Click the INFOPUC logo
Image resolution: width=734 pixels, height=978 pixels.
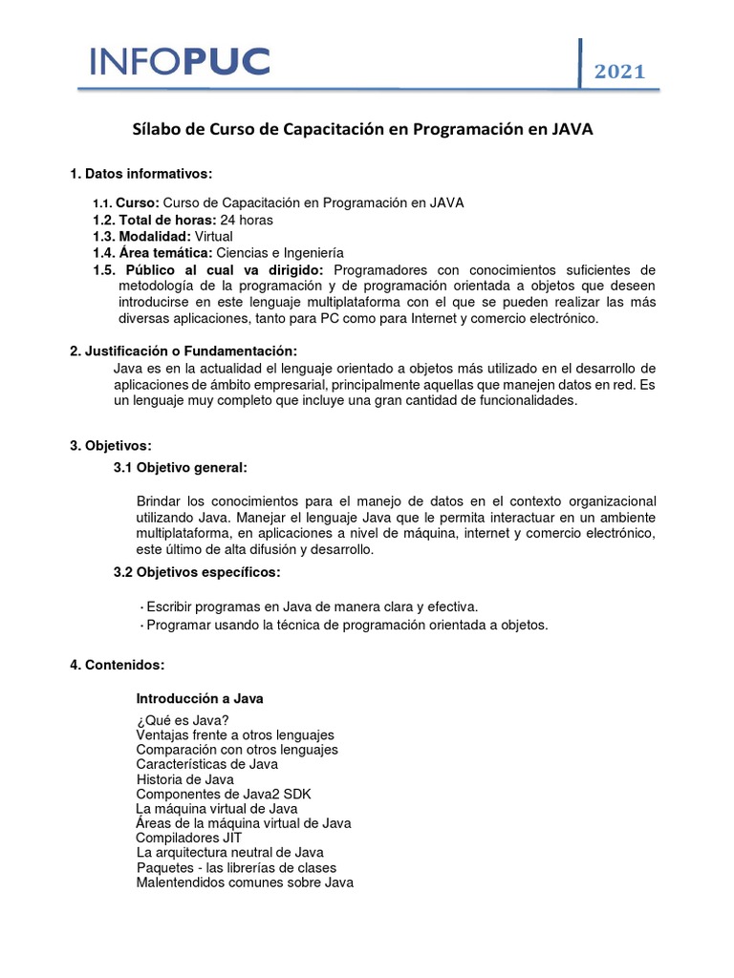tap(180, 62)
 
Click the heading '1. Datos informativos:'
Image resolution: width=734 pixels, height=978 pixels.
tap(140, 174)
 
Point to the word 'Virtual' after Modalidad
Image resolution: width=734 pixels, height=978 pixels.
tap(214, 236)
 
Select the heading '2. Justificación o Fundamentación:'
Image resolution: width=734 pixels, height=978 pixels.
tap(183, 351)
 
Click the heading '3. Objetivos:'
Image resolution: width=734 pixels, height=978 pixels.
tap(111, 446)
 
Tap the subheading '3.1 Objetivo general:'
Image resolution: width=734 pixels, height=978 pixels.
tap(181, 467)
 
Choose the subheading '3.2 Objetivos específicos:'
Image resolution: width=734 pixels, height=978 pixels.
tap(198, 572)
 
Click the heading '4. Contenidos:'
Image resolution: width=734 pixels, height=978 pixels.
tap(118, 664)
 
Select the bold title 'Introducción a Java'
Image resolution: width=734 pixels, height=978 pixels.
tap(200, 698)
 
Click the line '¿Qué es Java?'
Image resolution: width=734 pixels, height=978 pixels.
tap(183, 719)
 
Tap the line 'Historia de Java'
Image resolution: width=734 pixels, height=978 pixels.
tap(184, 779)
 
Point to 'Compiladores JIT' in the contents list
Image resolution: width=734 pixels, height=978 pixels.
tap(188, 838)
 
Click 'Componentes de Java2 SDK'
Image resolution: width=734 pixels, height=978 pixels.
tap(224, 794)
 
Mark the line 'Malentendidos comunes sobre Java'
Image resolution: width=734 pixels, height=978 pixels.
tap(245, 882)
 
